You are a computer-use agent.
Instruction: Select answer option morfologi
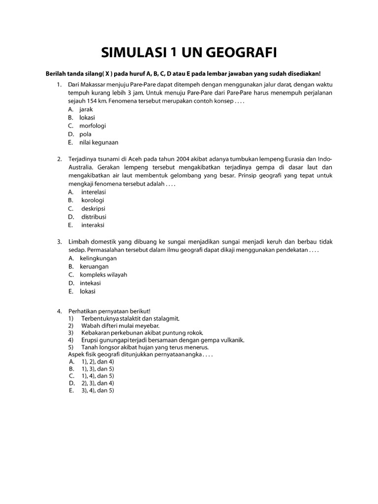click(x=93, y=126)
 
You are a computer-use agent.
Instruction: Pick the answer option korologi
click(x=93, y=200)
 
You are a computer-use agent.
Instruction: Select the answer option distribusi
click(x=94, y=217)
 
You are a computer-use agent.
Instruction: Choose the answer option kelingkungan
click(x=98, y=258)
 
